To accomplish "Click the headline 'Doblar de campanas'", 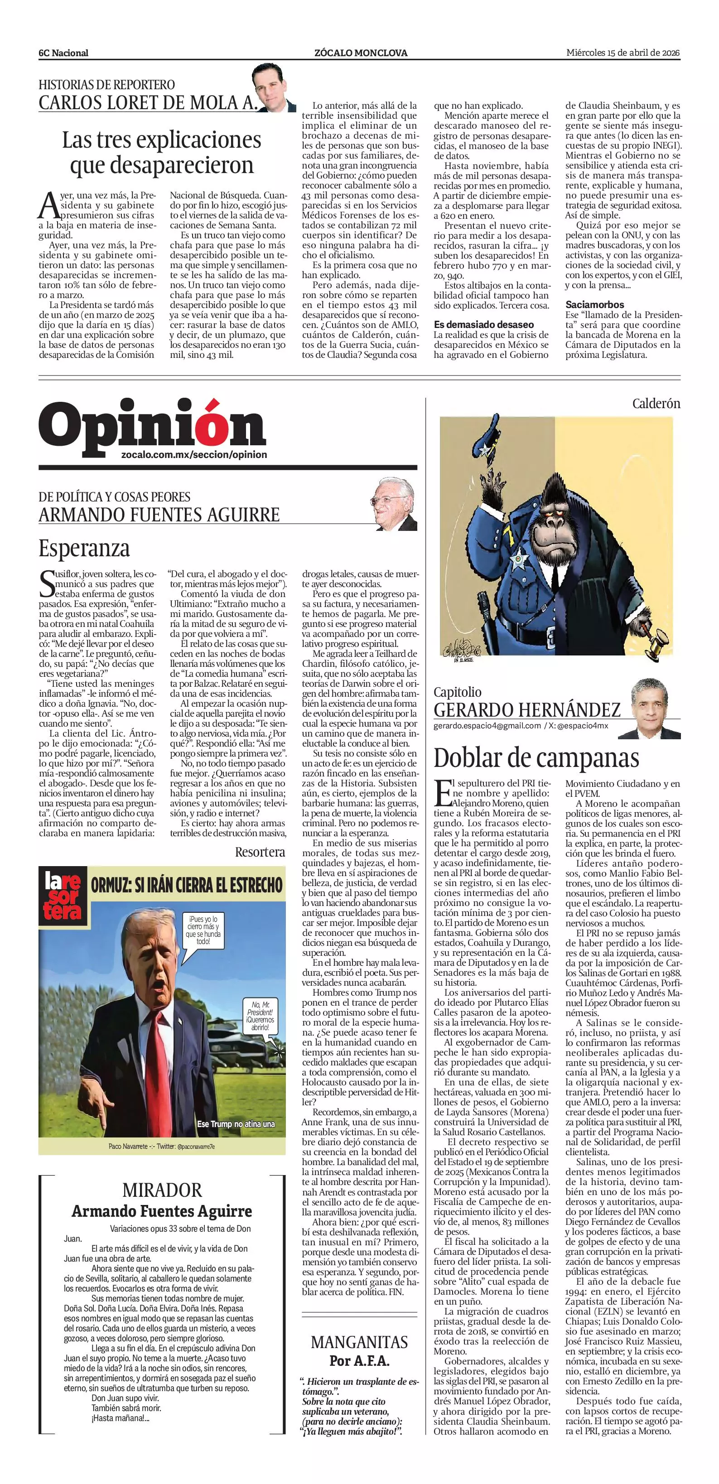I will click(536, 757).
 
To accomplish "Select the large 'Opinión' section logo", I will click(153, 427).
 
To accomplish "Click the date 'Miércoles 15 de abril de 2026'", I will click(623, 53).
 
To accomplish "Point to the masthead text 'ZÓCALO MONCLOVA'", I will click(361, 53).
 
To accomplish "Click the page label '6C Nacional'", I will click(63, 53).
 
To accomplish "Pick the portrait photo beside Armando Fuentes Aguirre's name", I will click(394, 505).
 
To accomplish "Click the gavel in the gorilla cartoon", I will click(656, 646).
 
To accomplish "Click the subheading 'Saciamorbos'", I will click(594, 304).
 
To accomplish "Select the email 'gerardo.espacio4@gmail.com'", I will click(487, 726).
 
